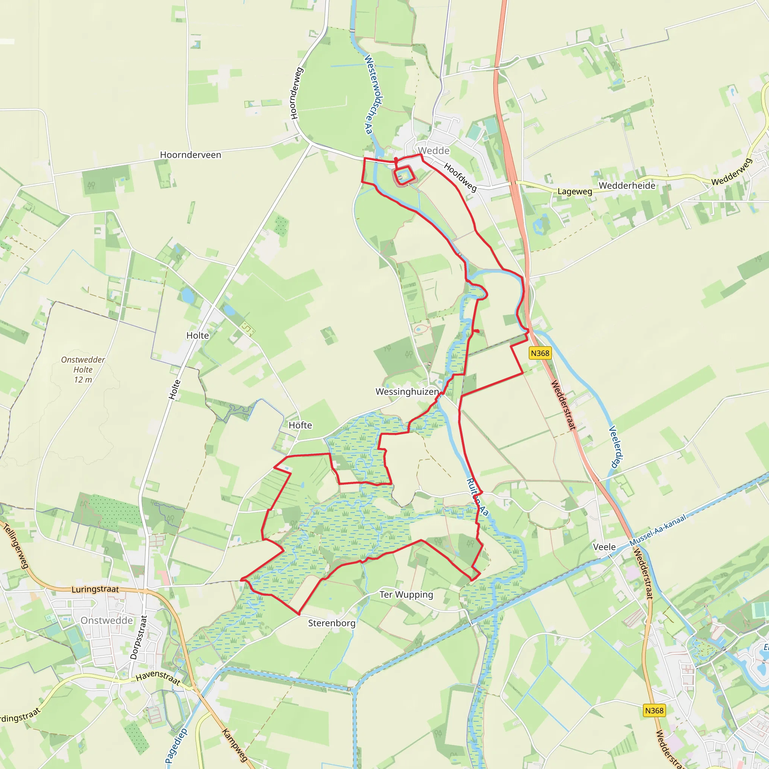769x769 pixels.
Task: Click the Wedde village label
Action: [x=434, y=151]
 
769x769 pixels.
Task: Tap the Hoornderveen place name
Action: [x=190, y=155]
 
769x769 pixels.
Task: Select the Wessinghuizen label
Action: [x=407, y=392]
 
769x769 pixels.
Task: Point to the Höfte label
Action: [x=300, y=425]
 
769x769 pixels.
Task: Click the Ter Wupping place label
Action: [x=406, y=594]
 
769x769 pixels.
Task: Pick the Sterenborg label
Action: [x=332, y=623]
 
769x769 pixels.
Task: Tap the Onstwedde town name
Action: [x=107, y=621]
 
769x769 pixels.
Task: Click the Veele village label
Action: [x=604, y=547]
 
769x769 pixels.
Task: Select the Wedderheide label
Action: [x=627, y=185]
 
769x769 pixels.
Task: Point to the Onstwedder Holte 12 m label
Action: [x=83, y=370]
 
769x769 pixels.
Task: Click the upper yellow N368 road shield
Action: [x=540, y=353]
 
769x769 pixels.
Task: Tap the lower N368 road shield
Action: [x=654, y=710]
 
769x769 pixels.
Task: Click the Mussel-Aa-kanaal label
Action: [x=657, y=530]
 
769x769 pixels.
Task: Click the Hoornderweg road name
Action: [x=297, y=93]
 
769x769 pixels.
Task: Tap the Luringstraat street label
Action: [x=95, y=589]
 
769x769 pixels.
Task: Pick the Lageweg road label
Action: [x=575, y=191]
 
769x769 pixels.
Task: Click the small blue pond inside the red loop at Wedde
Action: [x=404, y=175]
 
